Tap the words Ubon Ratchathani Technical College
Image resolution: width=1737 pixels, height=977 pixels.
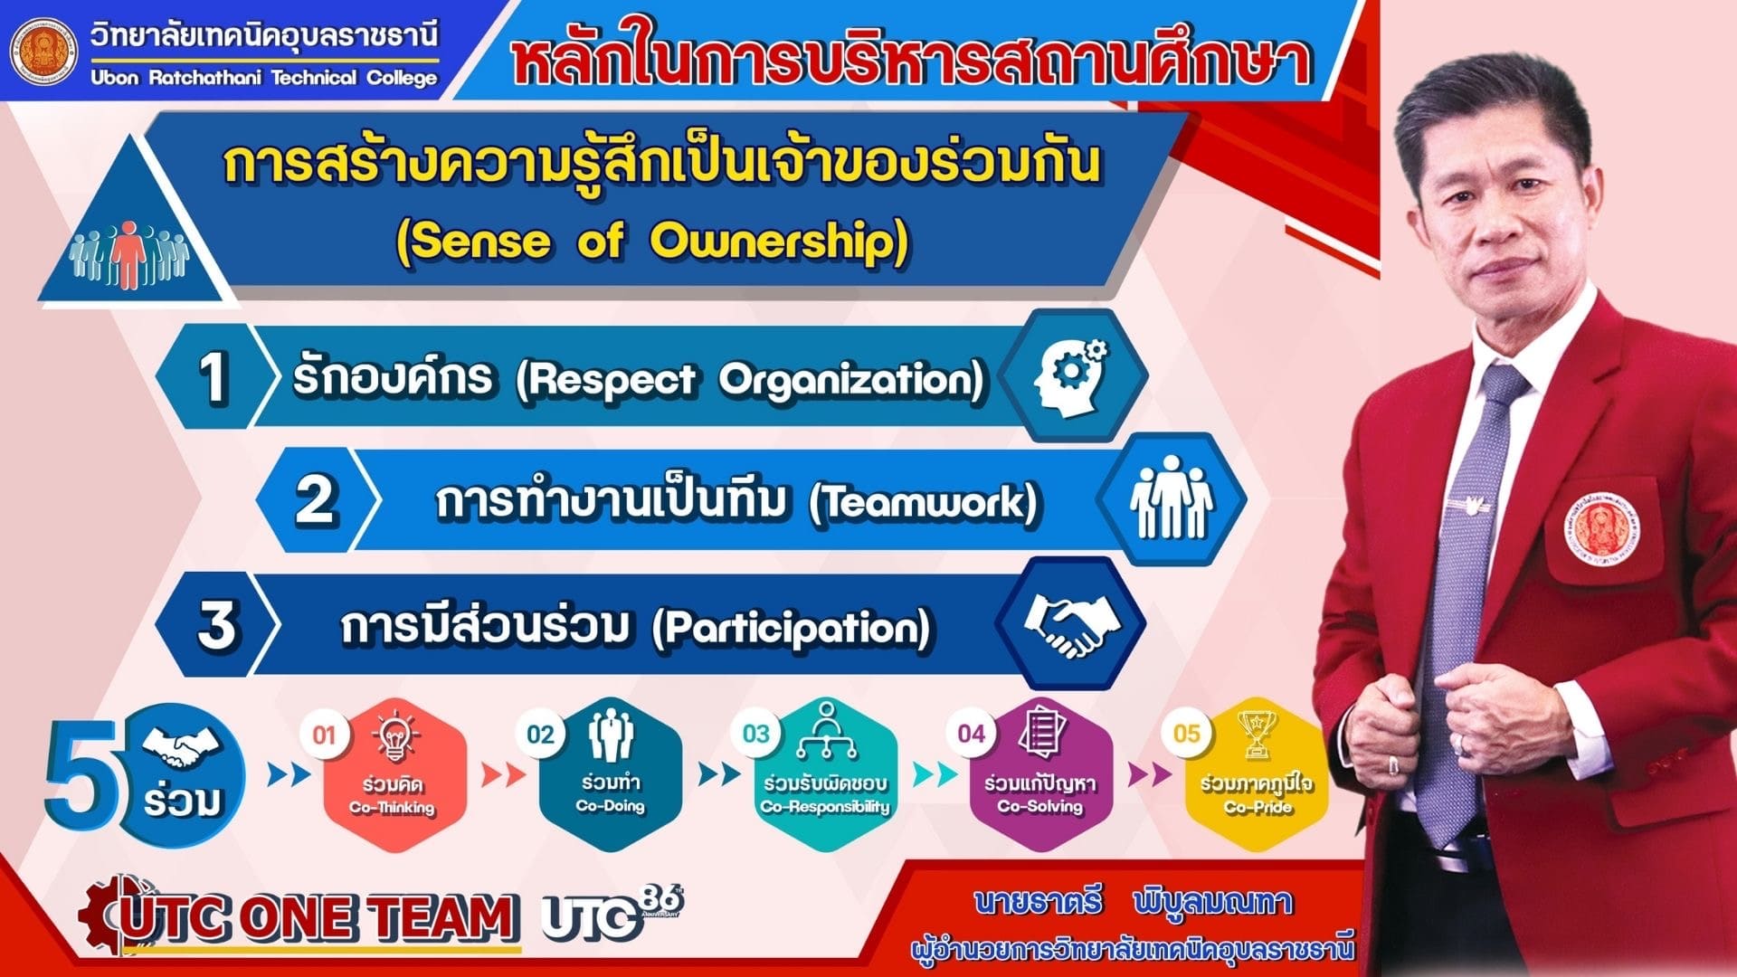[264, 78]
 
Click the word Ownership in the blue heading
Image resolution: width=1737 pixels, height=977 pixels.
[778, 242]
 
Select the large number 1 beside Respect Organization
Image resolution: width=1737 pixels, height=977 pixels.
[213, 376]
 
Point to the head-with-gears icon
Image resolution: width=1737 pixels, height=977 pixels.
[1071, 373]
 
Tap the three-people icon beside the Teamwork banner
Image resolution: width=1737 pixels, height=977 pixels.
[1171, 497]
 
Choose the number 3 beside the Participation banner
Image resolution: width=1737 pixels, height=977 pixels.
[216, 624]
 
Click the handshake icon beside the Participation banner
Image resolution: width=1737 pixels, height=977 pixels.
[1071, 624]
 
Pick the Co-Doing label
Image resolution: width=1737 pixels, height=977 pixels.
[611, 806]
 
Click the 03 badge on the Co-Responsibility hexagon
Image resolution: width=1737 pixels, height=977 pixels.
[756, 734]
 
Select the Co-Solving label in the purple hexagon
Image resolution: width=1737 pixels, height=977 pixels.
[1040, 806]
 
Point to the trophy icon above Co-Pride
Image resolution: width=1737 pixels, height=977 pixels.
[1256, 734]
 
